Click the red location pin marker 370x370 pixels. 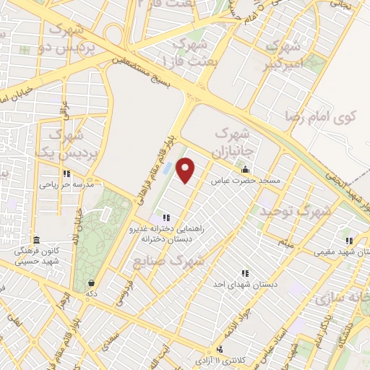pos(186,171)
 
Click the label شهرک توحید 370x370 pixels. pos(303,212)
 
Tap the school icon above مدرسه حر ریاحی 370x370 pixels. pos(66,173)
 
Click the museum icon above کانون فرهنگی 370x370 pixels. pos(36,240)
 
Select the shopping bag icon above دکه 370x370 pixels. pos(91,283)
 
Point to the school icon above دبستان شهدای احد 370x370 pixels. pos(245,273)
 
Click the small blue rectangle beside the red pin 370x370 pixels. pos(168,168)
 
